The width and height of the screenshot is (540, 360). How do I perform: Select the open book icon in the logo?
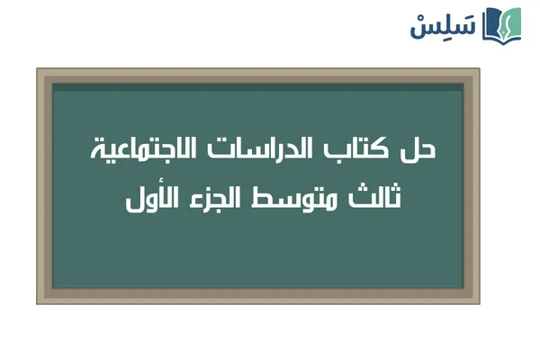(x=502, y=25)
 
